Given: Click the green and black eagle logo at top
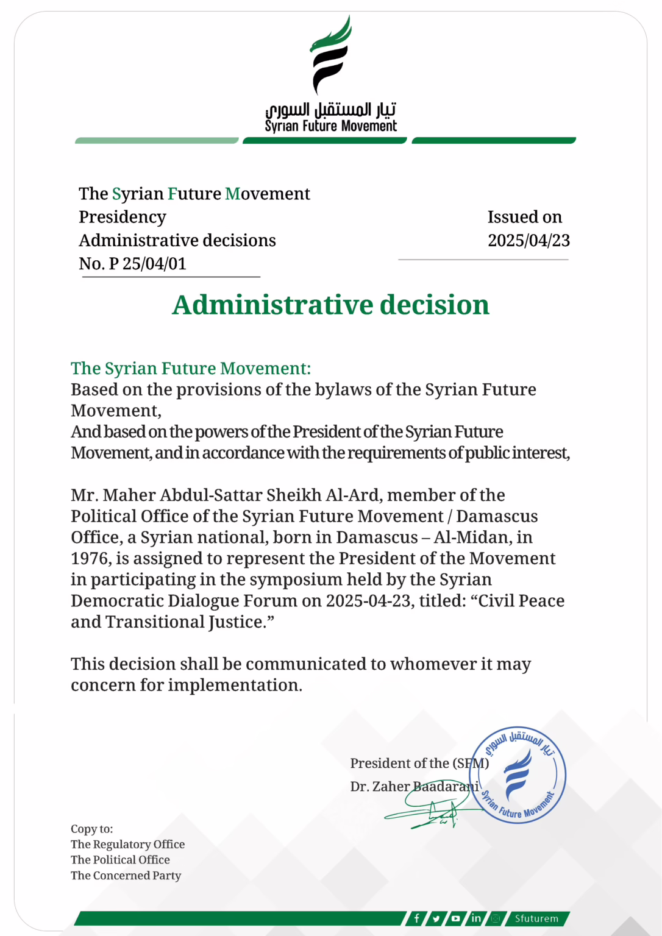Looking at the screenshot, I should pyautogui.click(x=330, y=56).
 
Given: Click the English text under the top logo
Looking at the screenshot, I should pyautogui.click(x=330, y=126).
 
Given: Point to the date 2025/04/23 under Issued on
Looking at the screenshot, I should pyautogui.click(x=529, y=241).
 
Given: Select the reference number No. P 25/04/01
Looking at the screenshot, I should pyautogui.click(x=132, y=264).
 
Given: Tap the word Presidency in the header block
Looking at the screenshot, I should pyautogui.click(x=123, y=217).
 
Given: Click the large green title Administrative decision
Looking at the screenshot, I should pyautogui.click(x=330, y=305).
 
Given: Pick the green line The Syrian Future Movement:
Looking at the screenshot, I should pyautogui.click(x=191, y=369).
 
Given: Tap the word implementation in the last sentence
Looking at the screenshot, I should pyautogui.click(x=235, y=686).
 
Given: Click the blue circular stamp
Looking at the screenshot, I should pyautogui.click(x=518, y=775).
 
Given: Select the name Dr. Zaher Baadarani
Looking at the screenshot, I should pyautogui.click(x=415, y=787).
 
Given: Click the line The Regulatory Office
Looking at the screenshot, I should pyautogui.click(x=127, y=845).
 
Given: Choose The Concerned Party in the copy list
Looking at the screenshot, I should pyautogui.click(x=126, y=876).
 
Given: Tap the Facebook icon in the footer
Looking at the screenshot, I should pyautogui.click(x=416, y=918).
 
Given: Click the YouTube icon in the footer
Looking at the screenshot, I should pyautogui.click(x=455, y=918).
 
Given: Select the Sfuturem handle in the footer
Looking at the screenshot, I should pyautogui.click(x=536, y=918).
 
